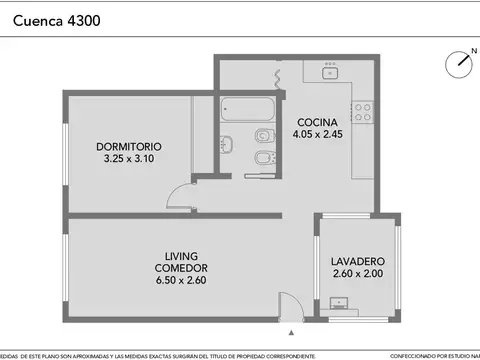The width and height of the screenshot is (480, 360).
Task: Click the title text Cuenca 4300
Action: click(x=55, y=19)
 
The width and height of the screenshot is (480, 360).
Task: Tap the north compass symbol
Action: click(x=461, y=61)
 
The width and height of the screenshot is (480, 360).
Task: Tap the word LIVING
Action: click(x=181, y=256)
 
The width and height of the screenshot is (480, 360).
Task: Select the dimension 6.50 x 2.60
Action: click(x=181, y=281)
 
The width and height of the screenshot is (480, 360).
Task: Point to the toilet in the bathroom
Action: click(x=264, y=136)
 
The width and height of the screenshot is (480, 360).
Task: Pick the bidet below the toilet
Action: click(x=264, y=160)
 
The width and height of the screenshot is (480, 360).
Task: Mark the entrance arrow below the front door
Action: click(x=291, y=332)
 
